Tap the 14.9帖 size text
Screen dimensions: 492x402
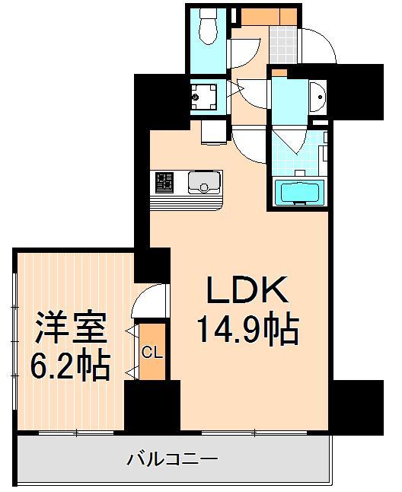(247, 330)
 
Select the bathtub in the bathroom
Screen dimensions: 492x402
(298, 193)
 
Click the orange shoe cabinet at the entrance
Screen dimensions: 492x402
(270, 16)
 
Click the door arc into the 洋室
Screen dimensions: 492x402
(148, 301)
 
